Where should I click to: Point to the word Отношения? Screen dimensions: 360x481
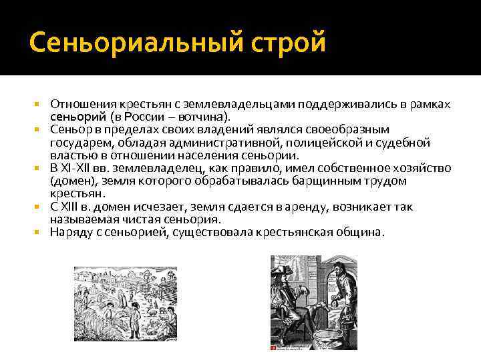click(x=82, y=105)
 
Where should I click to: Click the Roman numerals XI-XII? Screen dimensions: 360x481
click(x=79, y=169)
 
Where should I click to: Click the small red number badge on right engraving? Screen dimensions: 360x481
click(x=273, y=347)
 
